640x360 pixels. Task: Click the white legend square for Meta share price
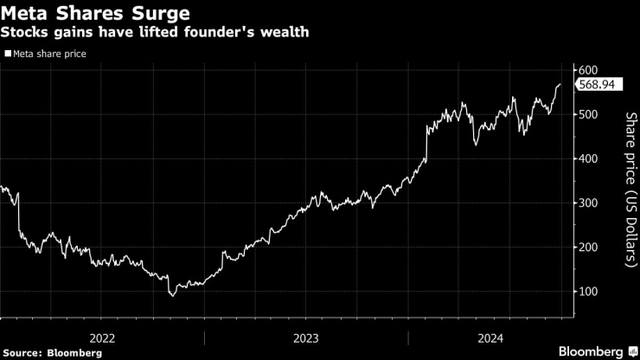[8, 54]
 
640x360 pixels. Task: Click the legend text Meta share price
[49, 54]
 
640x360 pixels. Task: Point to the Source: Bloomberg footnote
[53, 352]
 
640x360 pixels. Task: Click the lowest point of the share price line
[172, 296]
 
